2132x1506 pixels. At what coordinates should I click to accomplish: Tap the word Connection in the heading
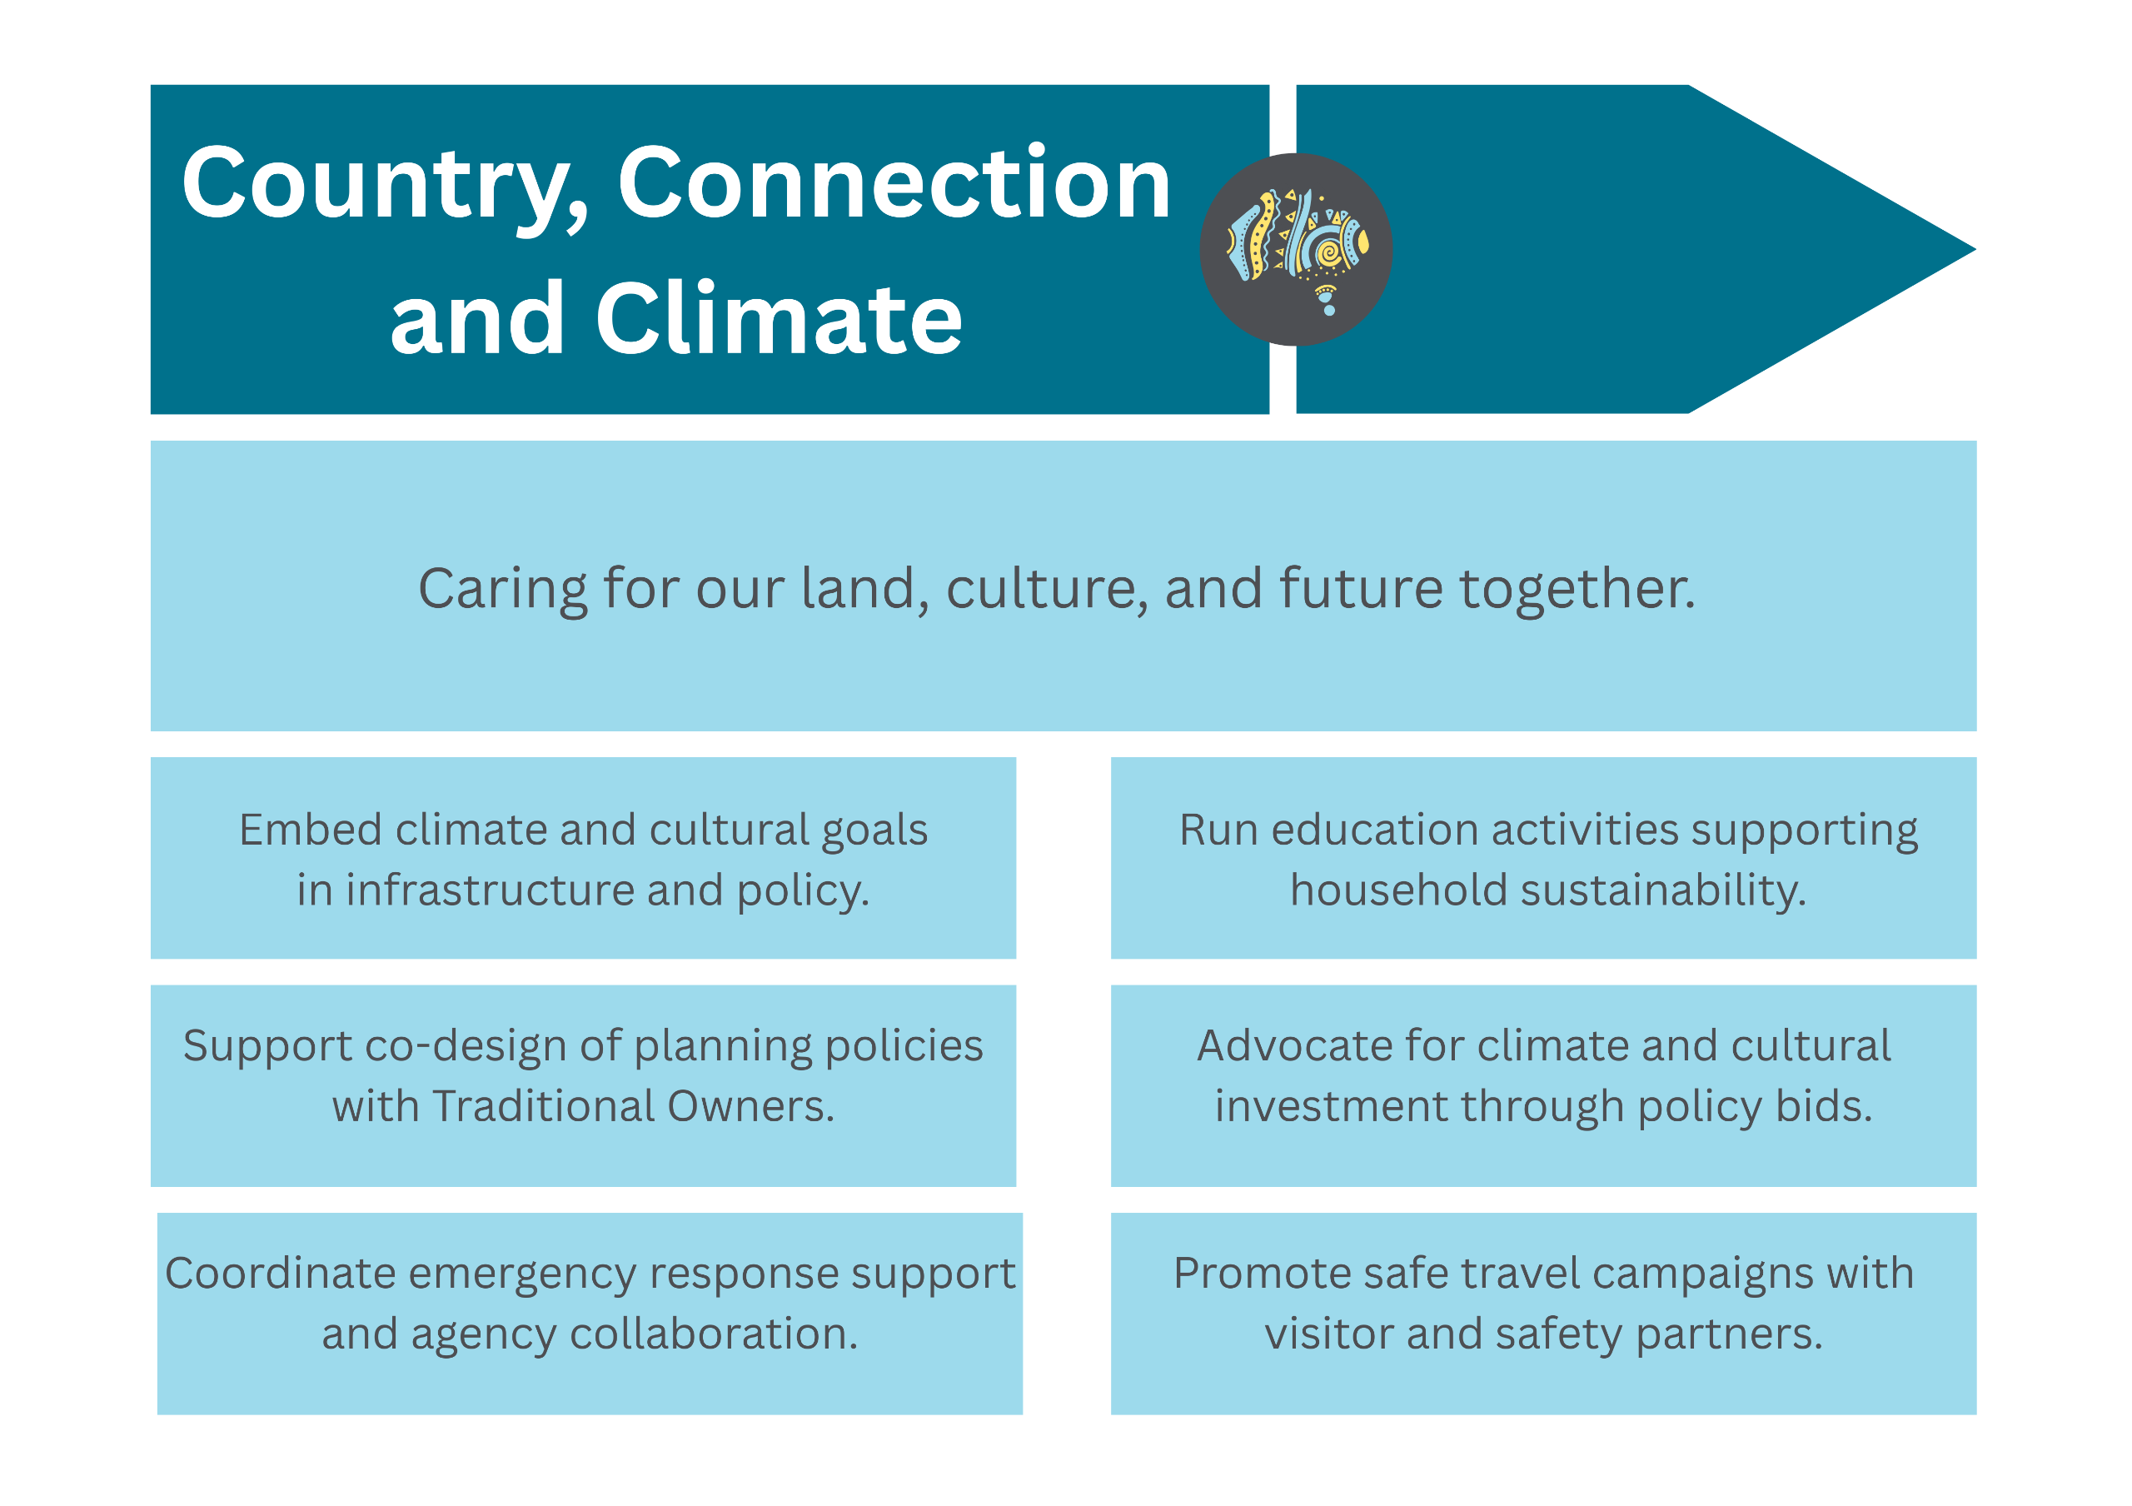(894, 183)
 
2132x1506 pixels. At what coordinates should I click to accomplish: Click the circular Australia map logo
(1297, 249)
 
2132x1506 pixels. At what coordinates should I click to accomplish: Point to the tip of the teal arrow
(1975, 249)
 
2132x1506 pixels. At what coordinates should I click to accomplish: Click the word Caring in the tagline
(502, 591)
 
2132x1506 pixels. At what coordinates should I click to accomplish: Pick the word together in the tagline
(1577, 591)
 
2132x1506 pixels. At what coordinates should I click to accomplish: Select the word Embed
(310, 829)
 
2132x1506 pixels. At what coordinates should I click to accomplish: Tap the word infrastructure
(491, 890)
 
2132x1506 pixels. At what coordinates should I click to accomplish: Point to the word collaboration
(713, 1334)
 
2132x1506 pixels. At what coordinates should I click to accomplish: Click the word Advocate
(1293, 1045)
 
